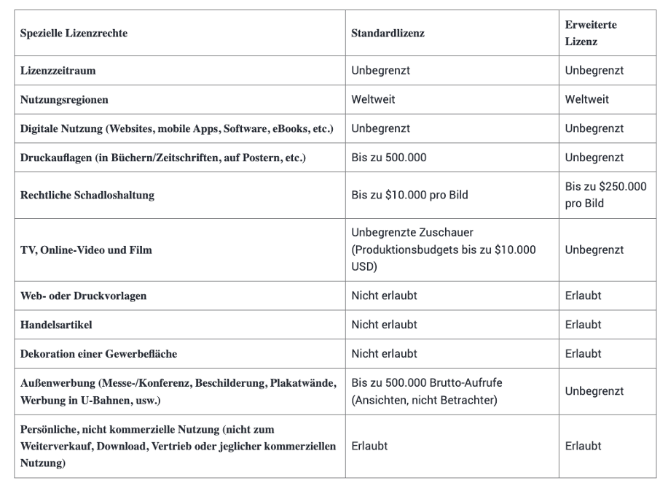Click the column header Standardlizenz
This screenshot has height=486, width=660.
pos(388,34)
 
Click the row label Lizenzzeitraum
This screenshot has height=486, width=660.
pos(55,72)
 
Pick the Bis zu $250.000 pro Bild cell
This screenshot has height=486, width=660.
pos(605,194)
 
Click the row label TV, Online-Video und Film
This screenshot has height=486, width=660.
pos(85,250)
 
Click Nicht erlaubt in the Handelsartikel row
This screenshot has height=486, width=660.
pos(384,325)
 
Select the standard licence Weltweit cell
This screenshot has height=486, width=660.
pos(373,99)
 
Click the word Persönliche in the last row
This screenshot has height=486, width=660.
pos(47,430)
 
